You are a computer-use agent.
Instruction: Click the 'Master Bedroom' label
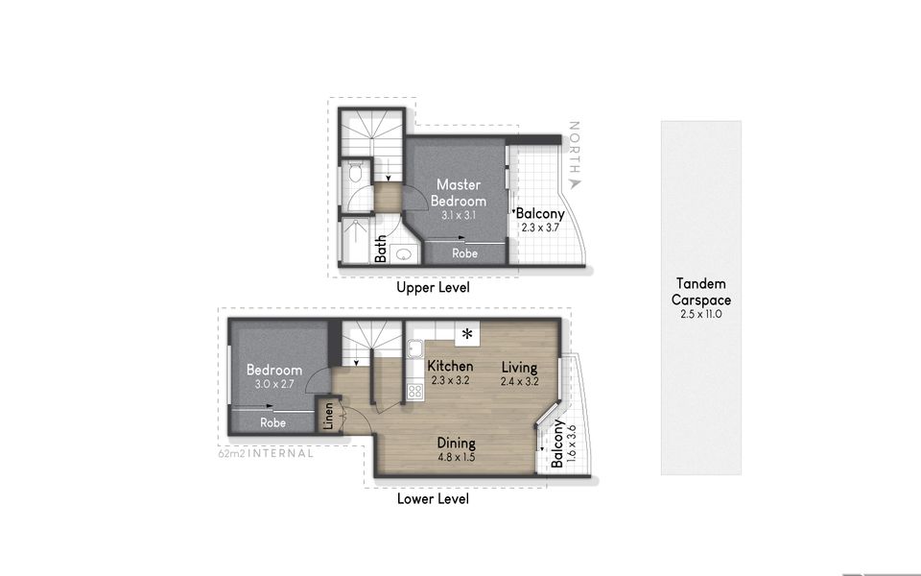(458, 192)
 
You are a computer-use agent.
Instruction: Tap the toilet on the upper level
(353, 174)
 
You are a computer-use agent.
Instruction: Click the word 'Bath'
(381, 249)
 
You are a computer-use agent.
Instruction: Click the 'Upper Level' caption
(433, 287)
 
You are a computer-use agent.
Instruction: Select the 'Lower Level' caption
(433, 499)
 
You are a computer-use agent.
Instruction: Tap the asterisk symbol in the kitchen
(467, 334)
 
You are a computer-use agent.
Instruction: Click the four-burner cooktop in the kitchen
(415, 391)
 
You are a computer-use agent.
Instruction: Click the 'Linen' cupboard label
(327, 419)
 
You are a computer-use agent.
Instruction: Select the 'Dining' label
(456, 444)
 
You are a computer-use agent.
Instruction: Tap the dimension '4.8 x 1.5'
(456, 457)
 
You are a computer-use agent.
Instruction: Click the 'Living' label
(519, 367)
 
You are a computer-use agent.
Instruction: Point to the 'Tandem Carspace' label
(700, 292)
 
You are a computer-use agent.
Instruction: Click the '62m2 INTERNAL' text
(266, 453)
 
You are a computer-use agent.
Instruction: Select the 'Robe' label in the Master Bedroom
(465, 253)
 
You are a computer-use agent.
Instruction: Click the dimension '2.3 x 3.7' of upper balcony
(539, 228)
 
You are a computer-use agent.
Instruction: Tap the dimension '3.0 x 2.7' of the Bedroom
(273, 383)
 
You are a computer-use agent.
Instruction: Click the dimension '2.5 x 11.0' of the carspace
(700, 314)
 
